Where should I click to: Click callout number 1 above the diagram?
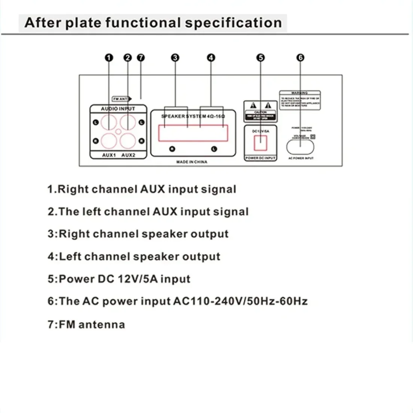(109, 58)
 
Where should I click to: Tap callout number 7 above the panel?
(141, 58)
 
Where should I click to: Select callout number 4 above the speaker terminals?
(211, 58)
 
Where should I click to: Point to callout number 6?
(300, 58)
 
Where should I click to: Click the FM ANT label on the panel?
(121, 99)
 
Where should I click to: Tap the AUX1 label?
(109, 155)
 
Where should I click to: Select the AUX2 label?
(128, 155)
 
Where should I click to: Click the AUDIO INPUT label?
(118, 109)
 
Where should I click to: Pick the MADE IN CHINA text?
(192, 162)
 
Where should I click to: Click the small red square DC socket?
(261, 143)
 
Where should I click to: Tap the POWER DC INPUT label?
(260, 158)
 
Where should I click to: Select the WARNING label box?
(300, 100)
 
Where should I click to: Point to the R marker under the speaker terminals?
(172, 149)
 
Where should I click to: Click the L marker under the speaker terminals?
(214, 149)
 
